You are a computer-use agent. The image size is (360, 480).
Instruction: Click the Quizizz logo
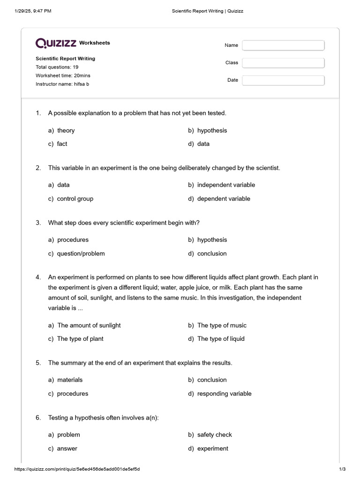(56, 43)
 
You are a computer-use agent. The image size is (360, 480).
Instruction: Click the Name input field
(283, 45)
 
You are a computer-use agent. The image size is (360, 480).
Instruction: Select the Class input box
(283, 63)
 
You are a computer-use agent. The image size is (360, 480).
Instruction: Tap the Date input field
(283, 80)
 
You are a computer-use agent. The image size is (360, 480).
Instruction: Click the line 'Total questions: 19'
(57, 67)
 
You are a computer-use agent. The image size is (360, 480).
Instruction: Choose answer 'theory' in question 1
(66, 130)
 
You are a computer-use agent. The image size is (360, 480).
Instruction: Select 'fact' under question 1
(62, 144)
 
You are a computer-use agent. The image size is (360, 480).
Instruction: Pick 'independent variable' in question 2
(226, 185)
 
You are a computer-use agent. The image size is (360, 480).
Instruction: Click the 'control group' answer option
(75, 199)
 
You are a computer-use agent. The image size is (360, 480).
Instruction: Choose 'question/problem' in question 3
(81, 254)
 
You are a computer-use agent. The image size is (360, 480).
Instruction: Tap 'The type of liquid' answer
(221, 339)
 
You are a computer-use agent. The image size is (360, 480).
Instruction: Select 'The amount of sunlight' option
(89, 325)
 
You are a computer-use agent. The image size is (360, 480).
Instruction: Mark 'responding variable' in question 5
(224, 394)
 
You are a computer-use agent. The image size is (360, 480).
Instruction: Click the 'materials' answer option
(69, 380)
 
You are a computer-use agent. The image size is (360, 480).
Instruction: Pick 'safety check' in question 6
(214, 435)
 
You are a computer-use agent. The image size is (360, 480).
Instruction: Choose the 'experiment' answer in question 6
(212, 449)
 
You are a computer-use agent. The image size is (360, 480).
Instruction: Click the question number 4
(38, 277)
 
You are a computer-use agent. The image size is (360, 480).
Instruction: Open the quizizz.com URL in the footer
(77, 469)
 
